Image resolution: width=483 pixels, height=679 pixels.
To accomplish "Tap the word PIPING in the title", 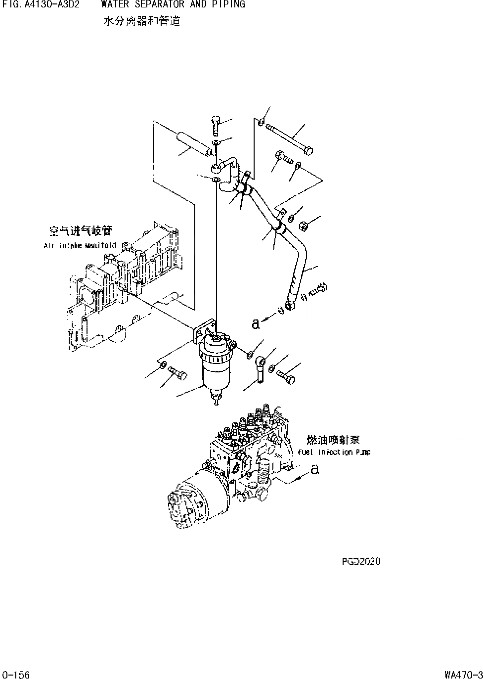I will (227, 5).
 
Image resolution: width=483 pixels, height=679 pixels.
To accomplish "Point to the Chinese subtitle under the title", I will (141, 21).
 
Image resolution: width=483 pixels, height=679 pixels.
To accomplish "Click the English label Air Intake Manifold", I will (80, 245).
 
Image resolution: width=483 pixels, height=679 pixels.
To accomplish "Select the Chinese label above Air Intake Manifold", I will (81, 231).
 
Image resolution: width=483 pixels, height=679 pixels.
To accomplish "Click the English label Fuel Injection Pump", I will (334, 452).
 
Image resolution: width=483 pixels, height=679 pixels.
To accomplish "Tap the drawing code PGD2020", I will (361, 561).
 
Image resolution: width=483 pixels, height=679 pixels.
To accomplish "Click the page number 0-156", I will (15, 674).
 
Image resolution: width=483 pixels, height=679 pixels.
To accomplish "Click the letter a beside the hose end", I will (255, 324).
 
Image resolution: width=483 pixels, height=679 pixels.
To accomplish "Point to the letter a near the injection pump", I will (314, 469).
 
